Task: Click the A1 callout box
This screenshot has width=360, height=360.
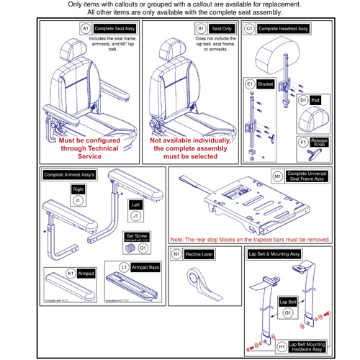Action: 85,29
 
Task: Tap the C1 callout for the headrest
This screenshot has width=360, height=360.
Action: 250,29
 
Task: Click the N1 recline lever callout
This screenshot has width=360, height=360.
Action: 177,254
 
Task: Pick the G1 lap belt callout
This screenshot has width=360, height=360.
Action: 287,312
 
